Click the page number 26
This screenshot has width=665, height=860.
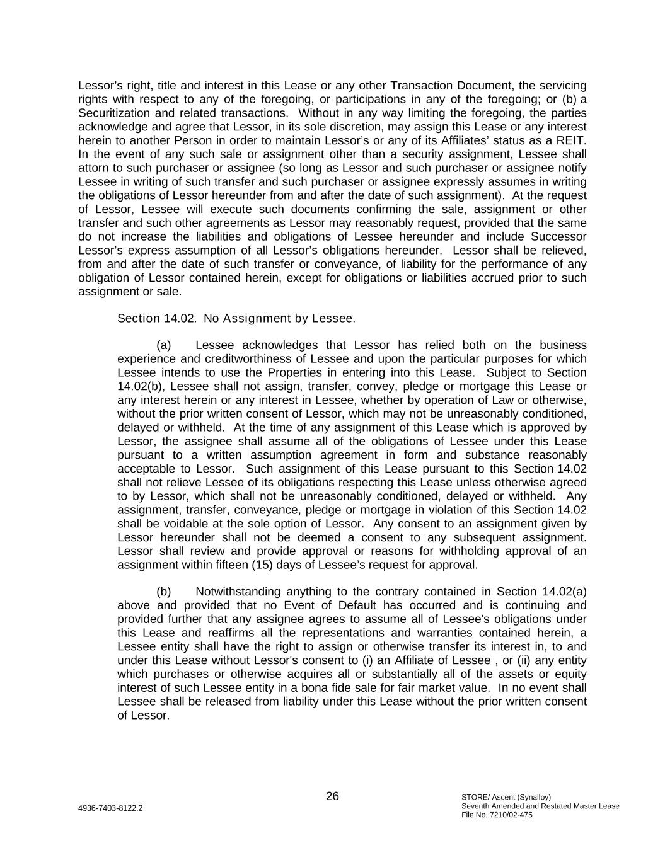(332, 796)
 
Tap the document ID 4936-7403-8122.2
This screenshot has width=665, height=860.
(110, 808)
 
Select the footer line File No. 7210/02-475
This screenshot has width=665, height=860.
(497, 815)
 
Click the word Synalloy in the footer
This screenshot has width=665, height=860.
(535, 797)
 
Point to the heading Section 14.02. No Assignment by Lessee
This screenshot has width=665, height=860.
(236, 318)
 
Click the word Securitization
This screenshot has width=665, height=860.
(116, 113)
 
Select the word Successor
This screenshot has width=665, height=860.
(558, 237)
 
